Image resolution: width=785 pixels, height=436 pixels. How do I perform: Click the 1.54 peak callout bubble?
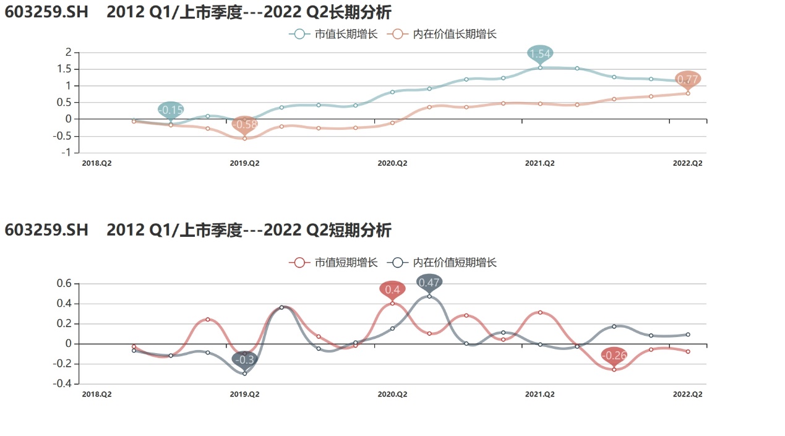[540, 54]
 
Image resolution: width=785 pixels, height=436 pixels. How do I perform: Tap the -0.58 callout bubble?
[244, 124]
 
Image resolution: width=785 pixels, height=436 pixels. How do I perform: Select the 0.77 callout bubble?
[688, 79]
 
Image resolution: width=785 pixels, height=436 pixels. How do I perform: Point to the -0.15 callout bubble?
[171, 110]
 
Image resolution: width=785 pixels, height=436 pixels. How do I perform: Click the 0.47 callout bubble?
[429, 283]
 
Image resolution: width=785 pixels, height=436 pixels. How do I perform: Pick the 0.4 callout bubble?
[392, 289]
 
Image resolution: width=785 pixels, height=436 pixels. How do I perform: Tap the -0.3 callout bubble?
[244, 359]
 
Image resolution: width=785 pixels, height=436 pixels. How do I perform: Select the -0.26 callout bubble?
[614, 356]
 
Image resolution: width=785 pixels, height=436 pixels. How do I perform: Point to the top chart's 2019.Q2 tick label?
[244, 163]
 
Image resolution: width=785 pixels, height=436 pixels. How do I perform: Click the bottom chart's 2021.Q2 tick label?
[540, 394]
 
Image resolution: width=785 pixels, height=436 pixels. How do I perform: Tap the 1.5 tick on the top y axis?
[65, 69]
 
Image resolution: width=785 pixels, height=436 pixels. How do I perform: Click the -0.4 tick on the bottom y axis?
[62, 384]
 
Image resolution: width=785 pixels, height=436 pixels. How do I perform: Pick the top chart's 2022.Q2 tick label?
[688, 163]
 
